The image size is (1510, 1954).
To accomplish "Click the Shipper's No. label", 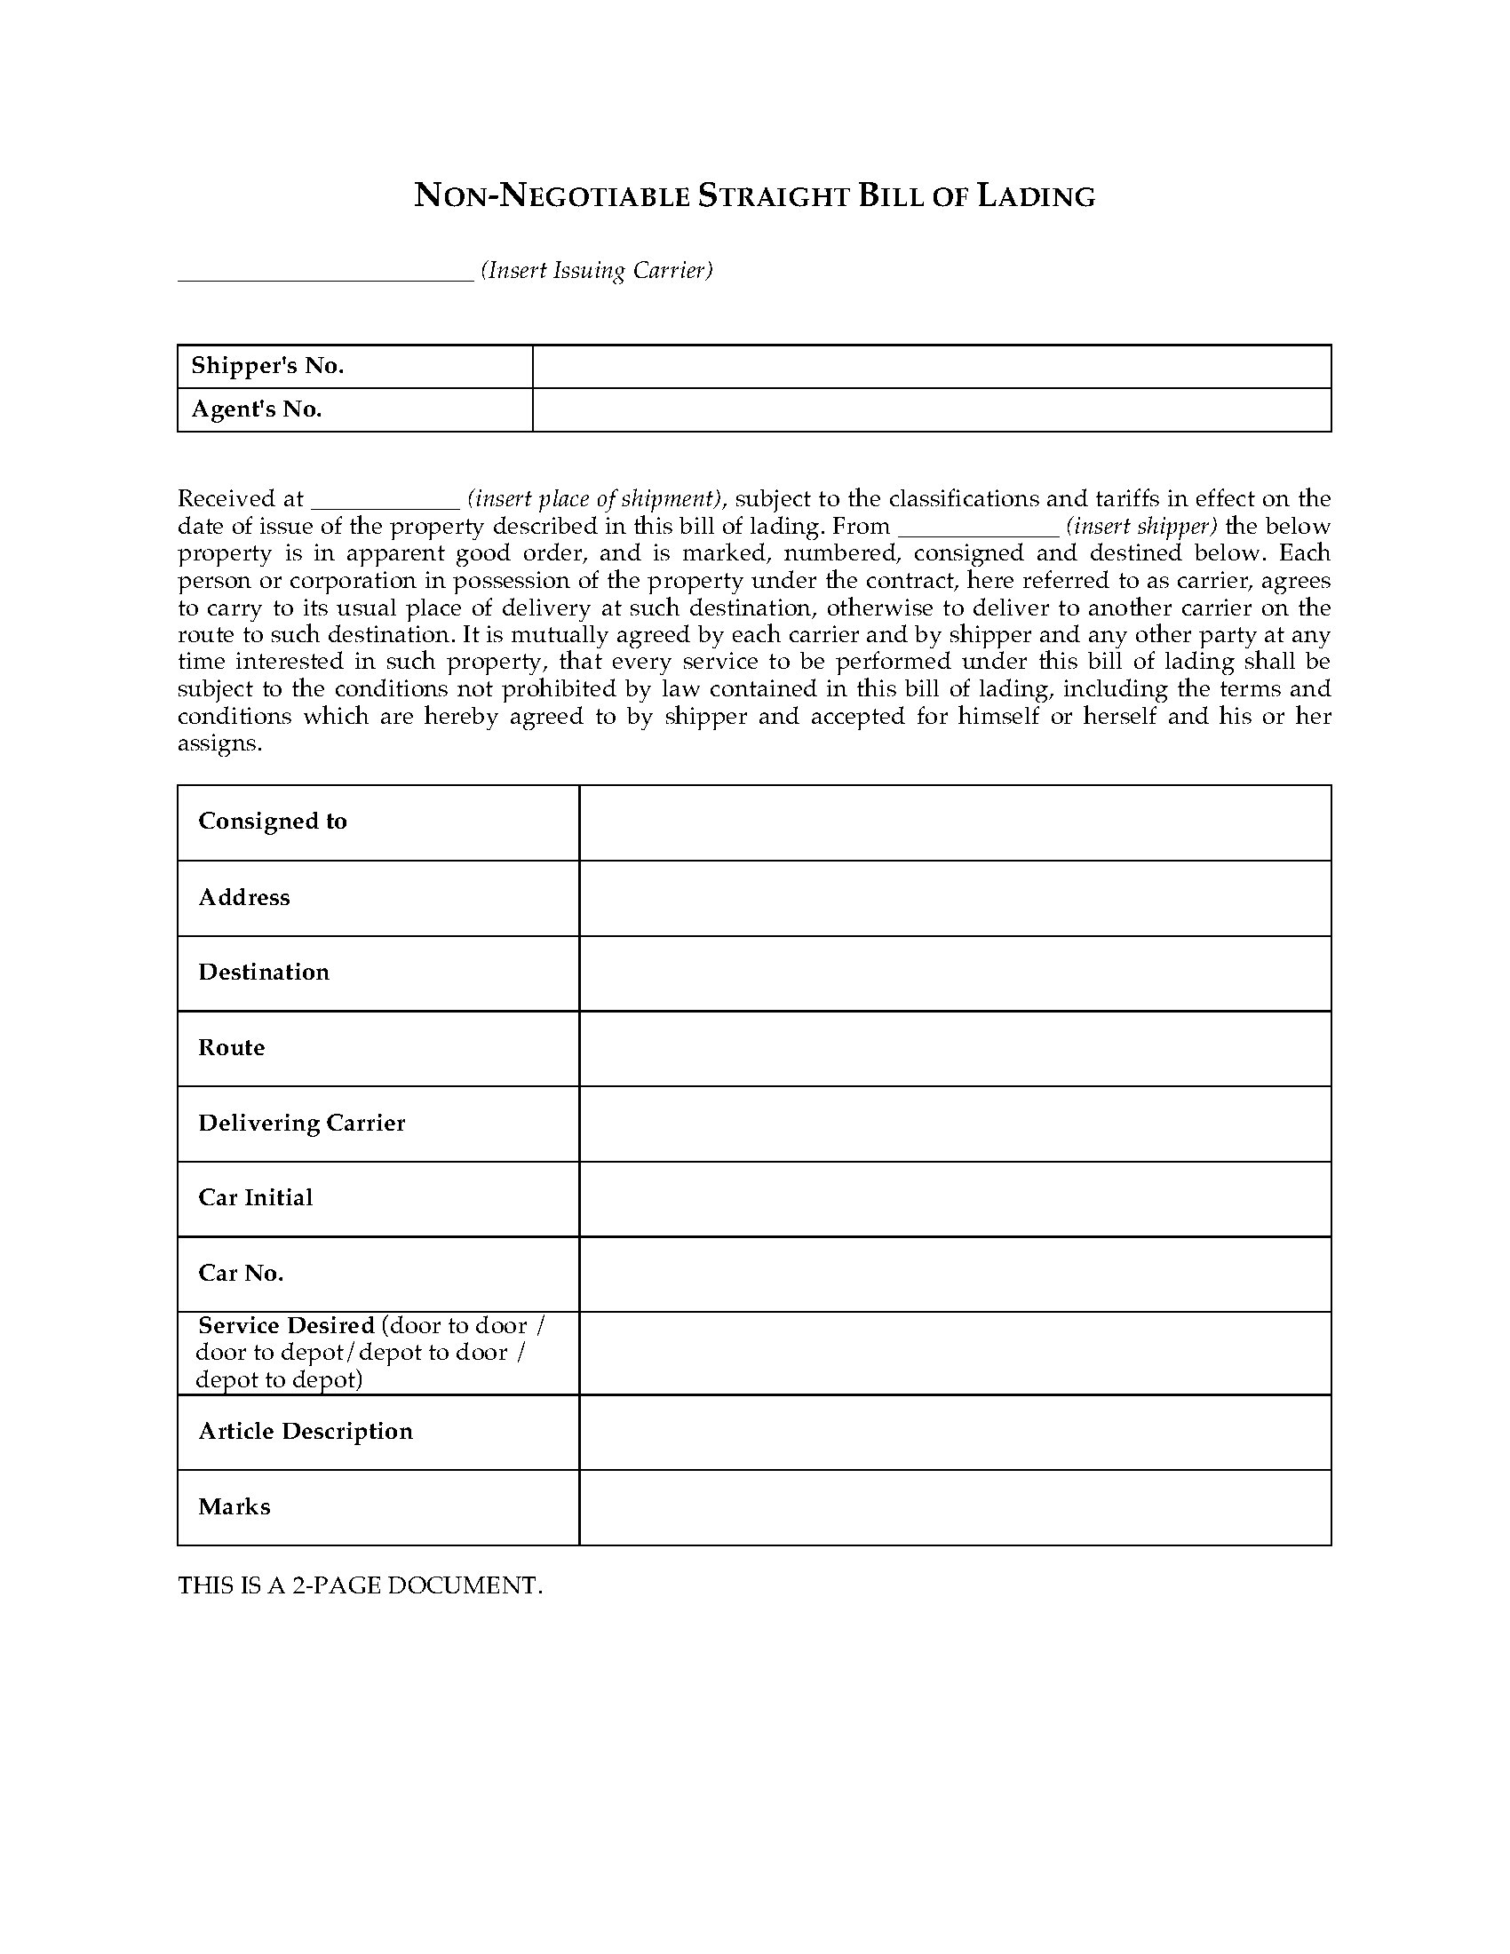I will coord(267,366).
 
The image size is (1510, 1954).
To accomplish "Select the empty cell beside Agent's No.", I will coord(931,409).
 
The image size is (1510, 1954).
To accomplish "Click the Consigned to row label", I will coord(273,822).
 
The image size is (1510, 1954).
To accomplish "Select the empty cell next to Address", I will coord(955,898).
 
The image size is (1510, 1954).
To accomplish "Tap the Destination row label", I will coord(264,973).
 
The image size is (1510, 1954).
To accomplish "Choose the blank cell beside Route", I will coord(955,1049).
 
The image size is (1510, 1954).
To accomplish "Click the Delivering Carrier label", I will coord(301,1123).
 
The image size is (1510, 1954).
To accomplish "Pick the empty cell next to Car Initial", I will coord(955,1199).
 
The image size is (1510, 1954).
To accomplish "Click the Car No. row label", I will coord(241,1273).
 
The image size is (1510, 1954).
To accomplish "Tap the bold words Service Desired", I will coord(286,1325).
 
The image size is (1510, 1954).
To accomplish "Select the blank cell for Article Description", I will coord(955,1432).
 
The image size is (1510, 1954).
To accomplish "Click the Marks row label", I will coord(234,1506).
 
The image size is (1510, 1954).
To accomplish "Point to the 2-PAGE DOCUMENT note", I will coord(360,1585).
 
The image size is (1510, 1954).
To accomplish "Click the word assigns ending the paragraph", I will coord(219,743).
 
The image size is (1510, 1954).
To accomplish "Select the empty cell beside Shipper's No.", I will coord(931,366).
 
